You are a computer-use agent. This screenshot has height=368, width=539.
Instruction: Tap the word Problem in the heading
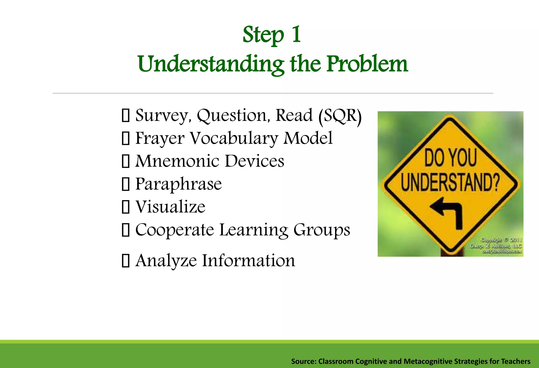click(367, 64)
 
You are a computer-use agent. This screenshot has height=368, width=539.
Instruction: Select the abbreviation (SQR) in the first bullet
click(340, 116)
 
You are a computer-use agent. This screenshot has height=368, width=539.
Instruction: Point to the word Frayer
click(159, 139)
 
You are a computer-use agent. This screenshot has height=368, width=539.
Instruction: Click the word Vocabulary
click(234, 139)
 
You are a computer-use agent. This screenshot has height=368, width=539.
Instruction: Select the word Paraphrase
click(178, 184)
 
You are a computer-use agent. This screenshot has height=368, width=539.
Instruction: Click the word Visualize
click(170, 207)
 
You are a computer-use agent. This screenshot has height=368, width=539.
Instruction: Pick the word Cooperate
click(174, 230)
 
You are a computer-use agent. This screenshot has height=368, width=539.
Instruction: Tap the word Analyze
click(166, 261)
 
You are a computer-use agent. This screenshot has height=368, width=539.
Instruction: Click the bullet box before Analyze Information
click(126, 261)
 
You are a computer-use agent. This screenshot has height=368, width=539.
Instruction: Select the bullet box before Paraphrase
click(126, 184)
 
